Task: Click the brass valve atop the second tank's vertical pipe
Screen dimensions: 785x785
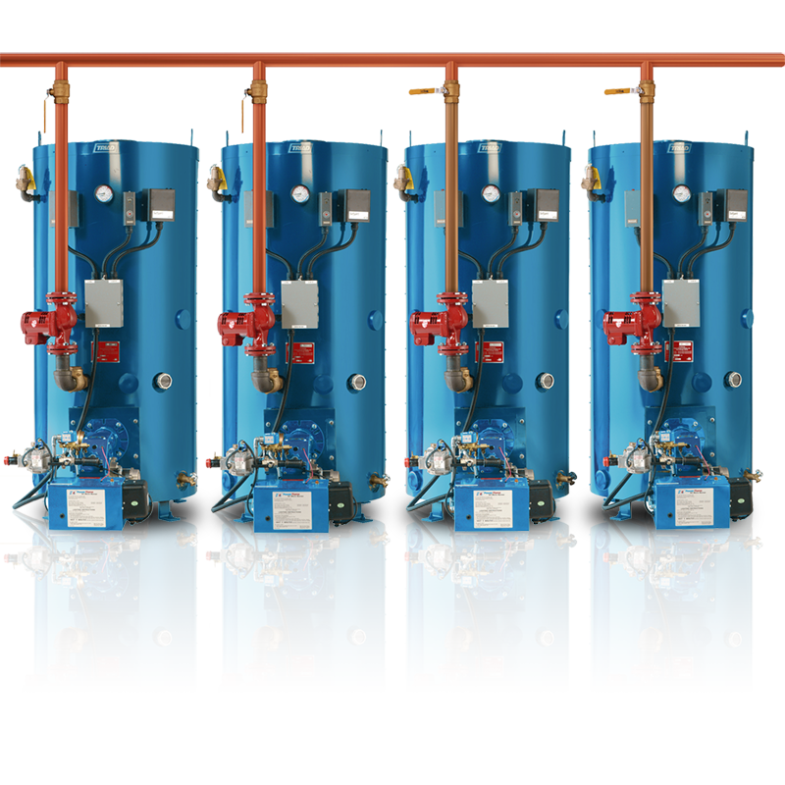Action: pos(257,91)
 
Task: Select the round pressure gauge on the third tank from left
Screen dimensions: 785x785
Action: pos(488,194)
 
